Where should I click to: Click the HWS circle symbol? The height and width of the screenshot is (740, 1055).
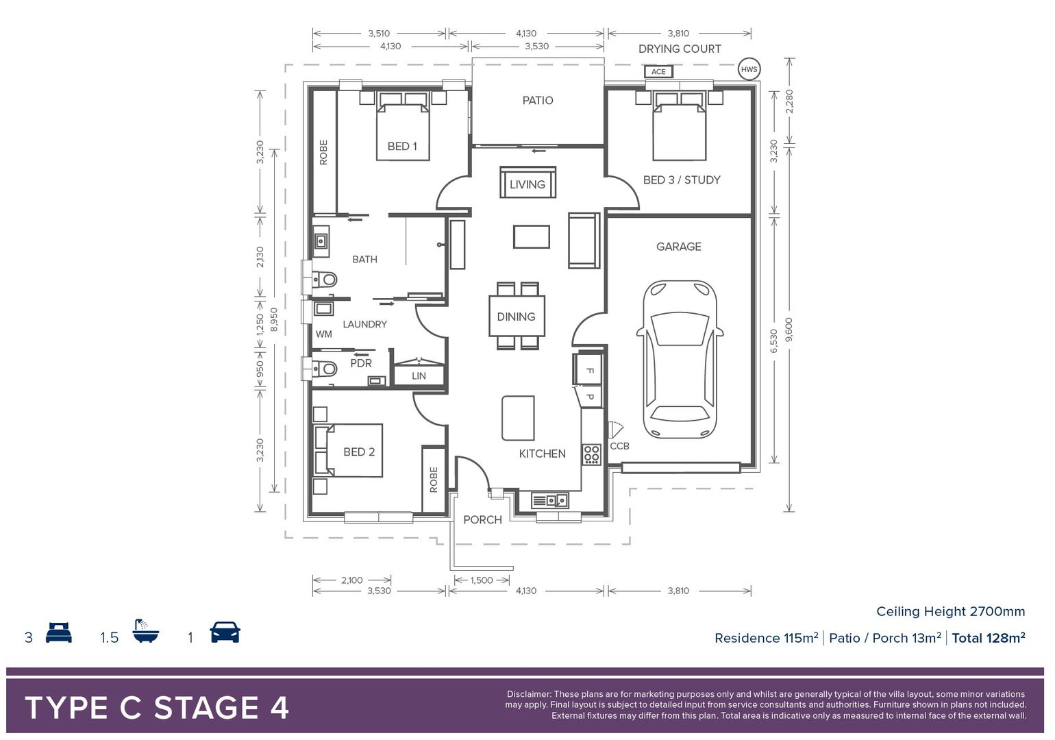tap(749, 69)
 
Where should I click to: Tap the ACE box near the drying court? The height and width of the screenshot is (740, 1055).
tap(658, 71)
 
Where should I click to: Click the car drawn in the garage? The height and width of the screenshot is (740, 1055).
tap(680, 360)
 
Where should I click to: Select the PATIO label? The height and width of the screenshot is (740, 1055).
tap(538, 101)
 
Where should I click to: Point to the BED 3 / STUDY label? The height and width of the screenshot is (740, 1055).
tap(682, 180)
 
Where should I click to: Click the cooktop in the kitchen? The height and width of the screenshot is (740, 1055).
tap(591, 454)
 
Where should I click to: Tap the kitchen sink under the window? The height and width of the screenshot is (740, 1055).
tap(549, 501)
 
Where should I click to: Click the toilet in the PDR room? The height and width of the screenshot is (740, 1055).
tap(324, 369)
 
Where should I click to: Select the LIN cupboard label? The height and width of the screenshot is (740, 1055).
tap(419, 376)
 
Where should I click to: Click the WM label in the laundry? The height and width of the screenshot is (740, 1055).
tap(323, 334)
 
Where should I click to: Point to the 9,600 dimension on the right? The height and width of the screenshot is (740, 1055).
tap(789, 330)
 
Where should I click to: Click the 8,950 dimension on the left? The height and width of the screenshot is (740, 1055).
tap(274, 319)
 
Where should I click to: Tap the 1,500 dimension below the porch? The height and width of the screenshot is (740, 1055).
tap(482, 580)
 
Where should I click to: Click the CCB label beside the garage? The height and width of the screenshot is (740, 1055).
tap(619, 446)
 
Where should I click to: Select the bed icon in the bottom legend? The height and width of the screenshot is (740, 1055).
tap(59, 632)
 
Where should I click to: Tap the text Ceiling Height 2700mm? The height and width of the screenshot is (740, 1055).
tap(950, 612)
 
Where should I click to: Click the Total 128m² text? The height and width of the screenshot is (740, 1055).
tap(988, 639)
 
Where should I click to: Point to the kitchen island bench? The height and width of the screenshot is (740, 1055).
tap(518, 418)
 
